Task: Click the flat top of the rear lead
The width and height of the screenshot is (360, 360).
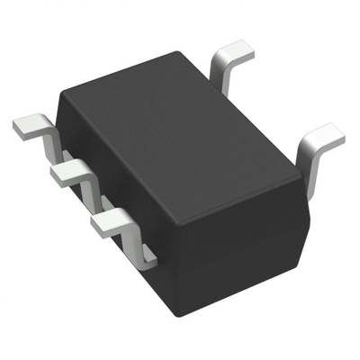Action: (x=236, y=49)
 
